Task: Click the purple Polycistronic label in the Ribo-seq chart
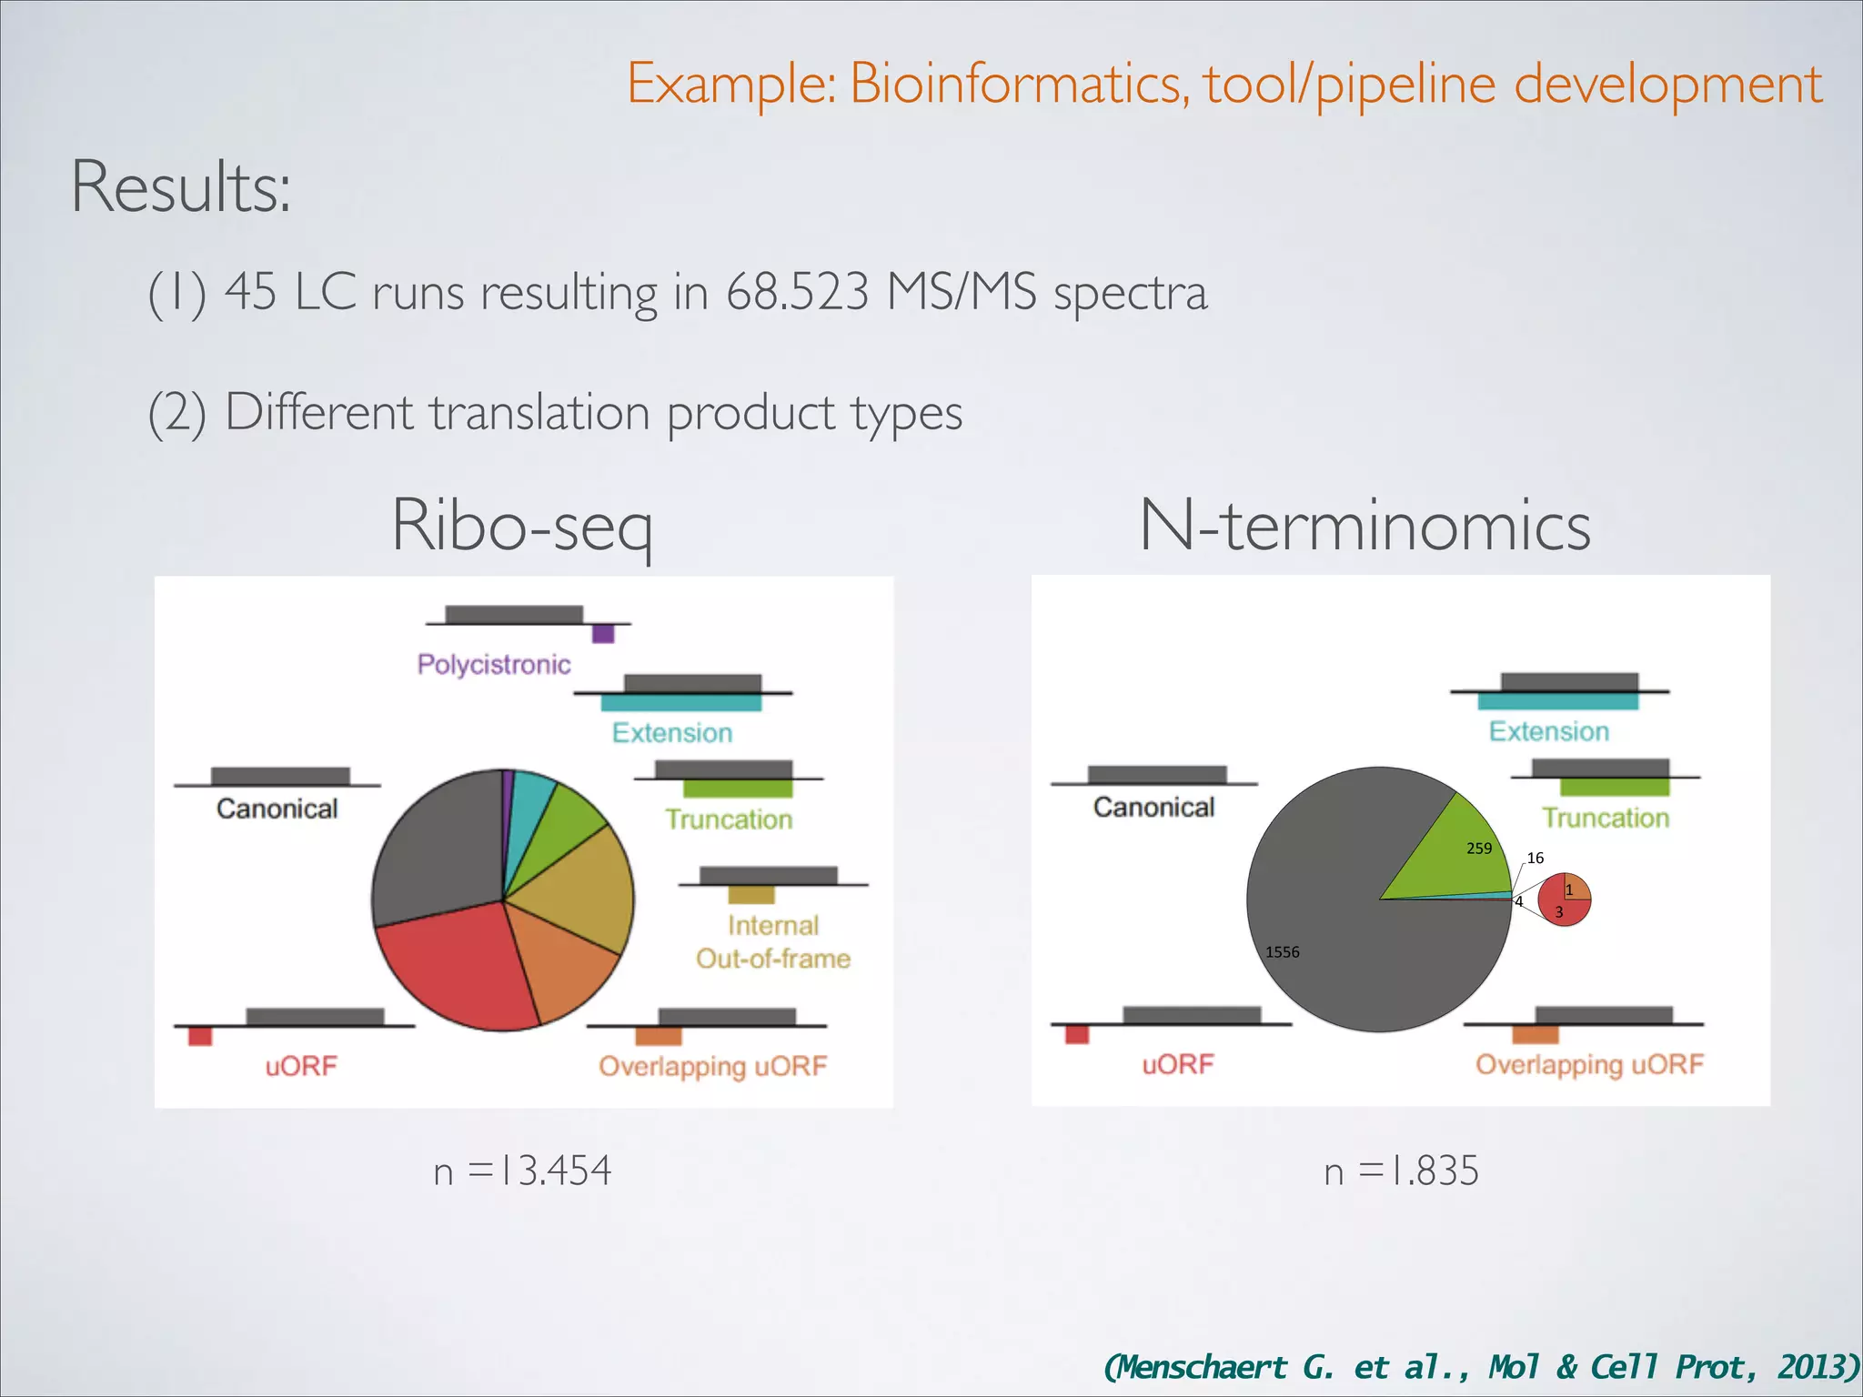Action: click(x=494, y=664)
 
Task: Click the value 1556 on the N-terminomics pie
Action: click(x=1282, y=952)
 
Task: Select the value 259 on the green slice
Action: click(x=1479, y=849)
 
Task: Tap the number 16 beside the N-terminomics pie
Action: click(x=1536, y=858)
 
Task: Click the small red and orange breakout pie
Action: click(x=1564, y=900)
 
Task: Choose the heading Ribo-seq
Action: click(x=522, y=526)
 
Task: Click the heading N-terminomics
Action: click(x=1365, y=526)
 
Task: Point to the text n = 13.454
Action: click(x=522, y=1171)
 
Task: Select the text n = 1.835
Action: click(x=1401, y=1171)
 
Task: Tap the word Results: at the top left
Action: click(x=181, y=187)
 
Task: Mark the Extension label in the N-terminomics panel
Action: click(x=1548, y=731)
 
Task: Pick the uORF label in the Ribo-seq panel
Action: click(x=301, y=1065)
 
